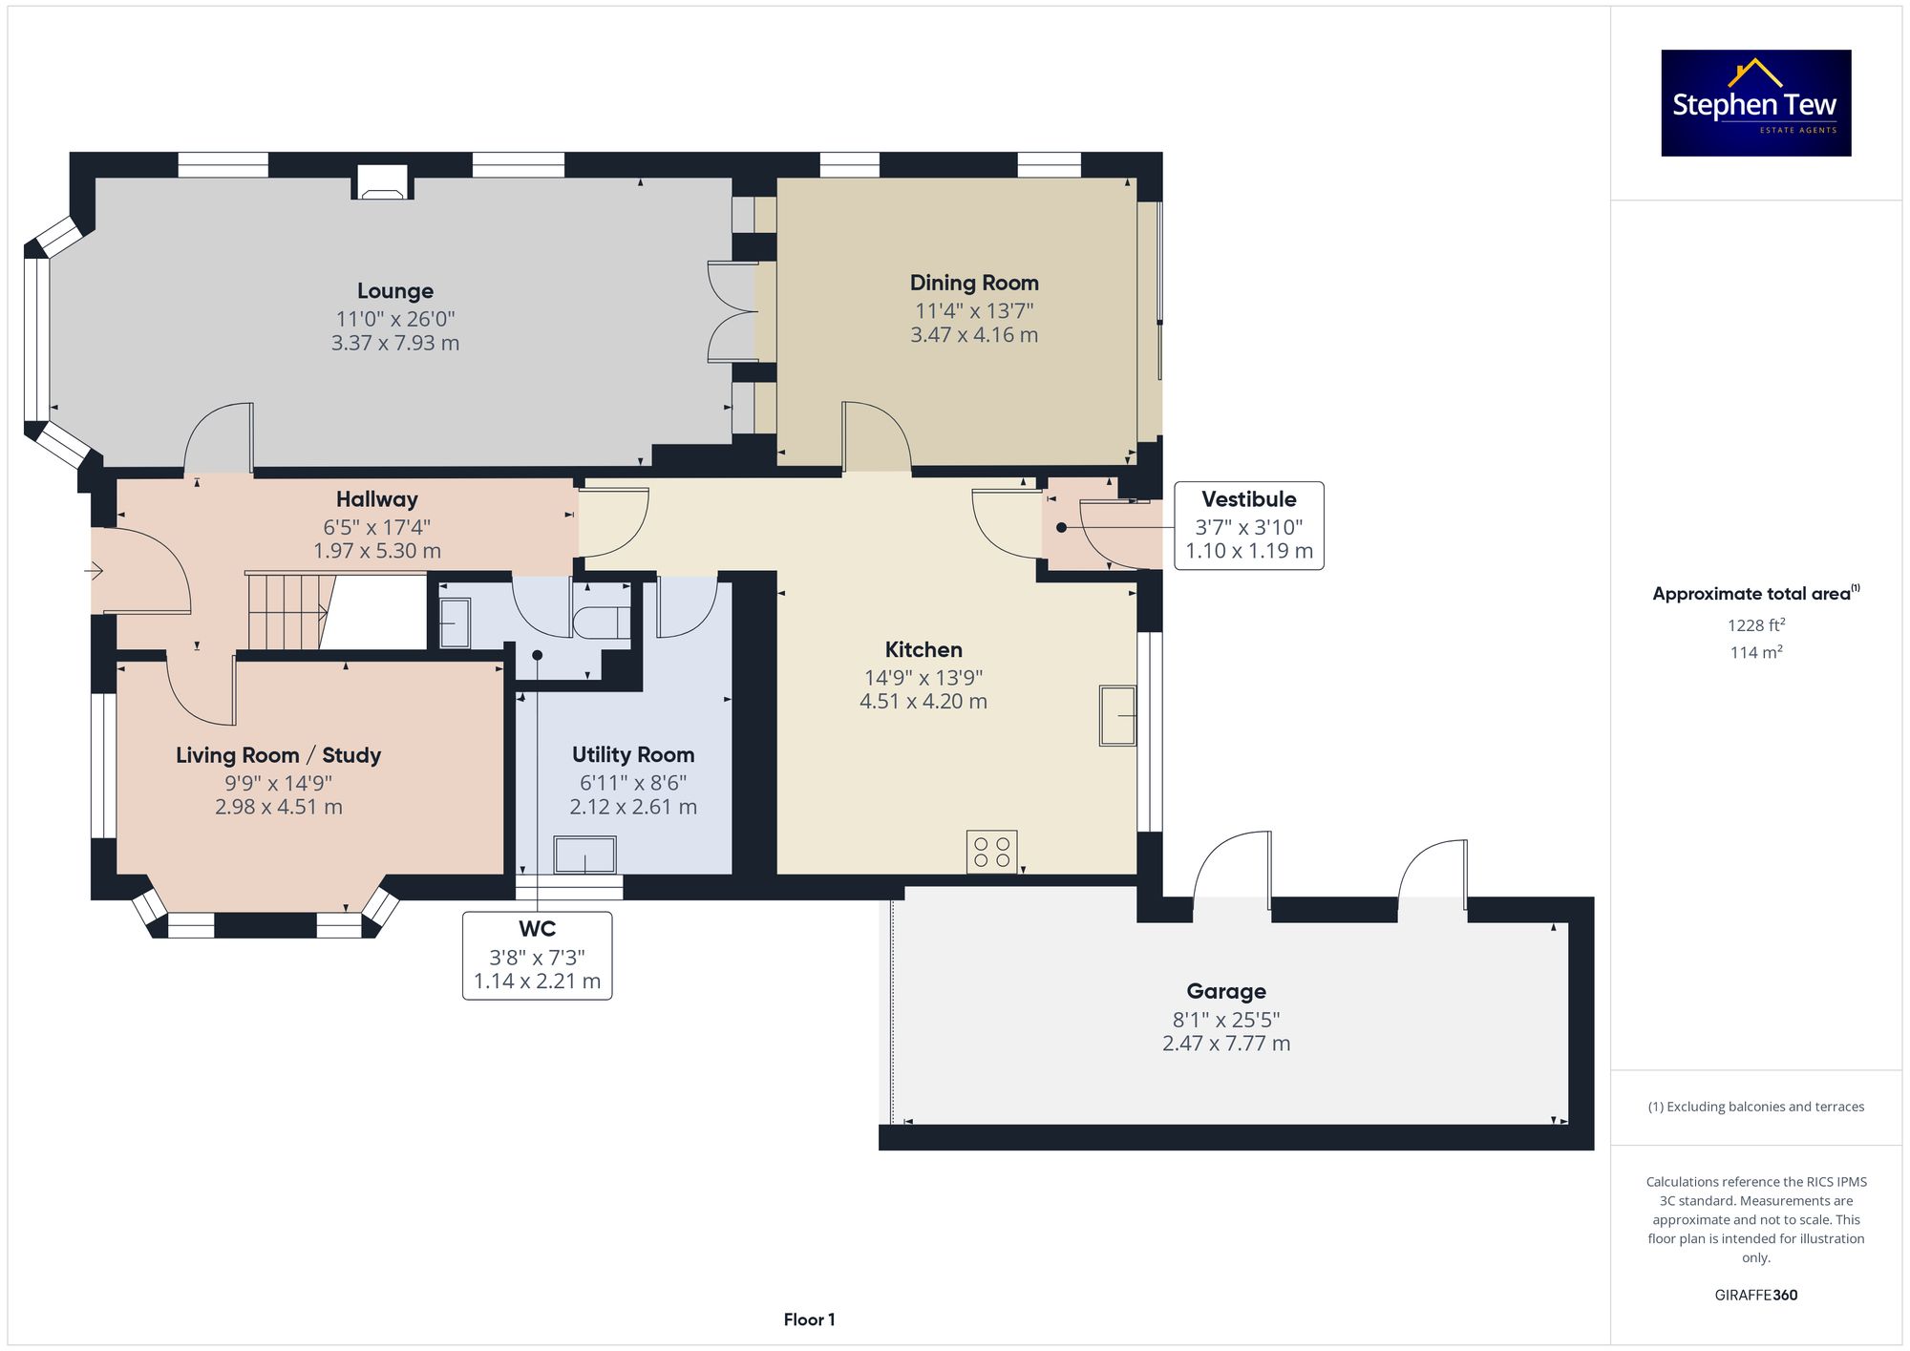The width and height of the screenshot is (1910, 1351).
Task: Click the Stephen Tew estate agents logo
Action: click(1756, 103)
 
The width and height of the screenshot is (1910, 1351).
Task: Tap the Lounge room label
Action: click(395, 291)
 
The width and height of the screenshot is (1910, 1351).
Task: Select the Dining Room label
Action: click(974, 283)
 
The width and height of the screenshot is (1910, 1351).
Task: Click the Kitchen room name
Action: click(923, 650)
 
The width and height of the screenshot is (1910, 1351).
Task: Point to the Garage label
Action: click(1226, 992)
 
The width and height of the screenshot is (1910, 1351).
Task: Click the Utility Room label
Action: click(633, 755)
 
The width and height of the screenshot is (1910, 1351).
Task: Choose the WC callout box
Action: click(538, 956)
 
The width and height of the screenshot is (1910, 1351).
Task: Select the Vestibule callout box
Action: click(1249, 526)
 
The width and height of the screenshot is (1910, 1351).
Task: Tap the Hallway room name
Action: click(377, 499)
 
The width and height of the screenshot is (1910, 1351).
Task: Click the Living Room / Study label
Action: click(279, 755)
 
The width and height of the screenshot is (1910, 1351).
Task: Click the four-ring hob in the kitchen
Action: click(991, 852)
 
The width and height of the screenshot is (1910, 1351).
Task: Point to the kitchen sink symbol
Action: click(1117, 715)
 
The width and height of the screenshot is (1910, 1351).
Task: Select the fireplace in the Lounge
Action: click(383, 183)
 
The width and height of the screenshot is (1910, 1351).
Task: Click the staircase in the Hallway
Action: click(287, 611)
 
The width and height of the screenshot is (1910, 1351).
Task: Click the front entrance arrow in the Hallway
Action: click(94, 571)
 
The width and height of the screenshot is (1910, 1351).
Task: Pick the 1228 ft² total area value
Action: click(1756, 625)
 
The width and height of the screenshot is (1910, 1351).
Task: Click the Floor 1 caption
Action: click(809, 1319)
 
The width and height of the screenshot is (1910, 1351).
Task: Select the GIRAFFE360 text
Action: click(1756, 1295)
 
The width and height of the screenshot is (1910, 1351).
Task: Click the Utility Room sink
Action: click(584, 855)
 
